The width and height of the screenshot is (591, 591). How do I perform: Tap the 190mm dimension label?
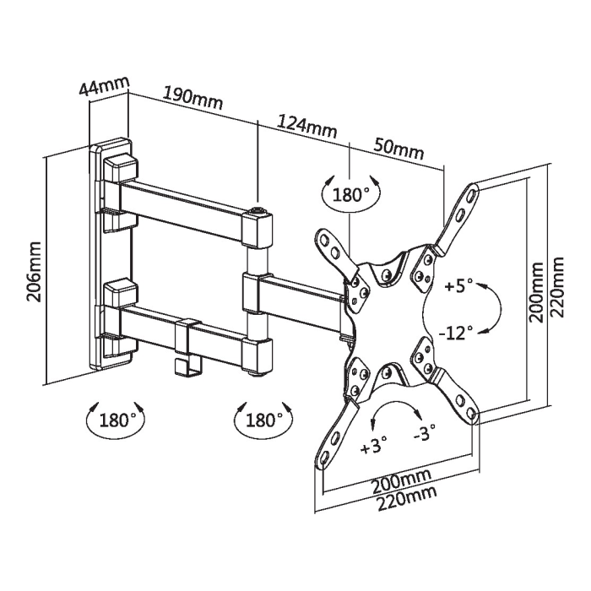click(x=192, y=98)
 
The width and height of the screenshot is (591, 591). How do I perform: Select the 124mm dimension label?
click(x=306, y=126)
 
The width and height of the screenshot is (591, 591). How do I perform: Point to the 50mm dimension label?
click(x=399, y=148)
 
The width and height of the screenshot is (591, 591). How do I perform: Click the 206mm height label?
click(x=34, y=272)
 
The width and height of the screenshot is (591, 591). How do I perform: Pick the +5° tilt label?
click(x=458, y=285)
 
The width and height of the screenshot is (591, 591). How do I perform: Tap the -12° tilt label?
click(x=455, y=332)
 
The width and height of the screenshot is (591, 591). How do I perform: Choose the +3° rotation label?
click(x=374, y=447)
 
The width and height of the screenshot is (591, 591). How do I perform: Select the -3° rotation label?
click(x=425, y=432)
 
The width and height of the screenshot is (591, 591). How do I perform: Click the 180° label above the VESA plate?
click(x=350, y=195)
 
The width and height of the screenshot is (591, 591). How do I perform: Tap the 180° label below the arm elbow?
click(x=263, y=420)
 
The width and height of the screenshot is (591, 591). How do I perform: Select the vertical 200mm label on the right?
click(x=535, y=292)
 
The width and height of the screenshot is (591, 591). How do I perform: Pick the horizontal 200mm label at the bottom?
click(x=401, y=481)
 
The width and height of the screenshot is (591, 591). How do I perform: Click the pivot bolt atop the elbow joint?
click(x=258, y=209)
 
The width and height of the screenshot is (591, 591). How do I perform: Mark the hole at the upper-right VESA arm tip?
click(x=472, y=193)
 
